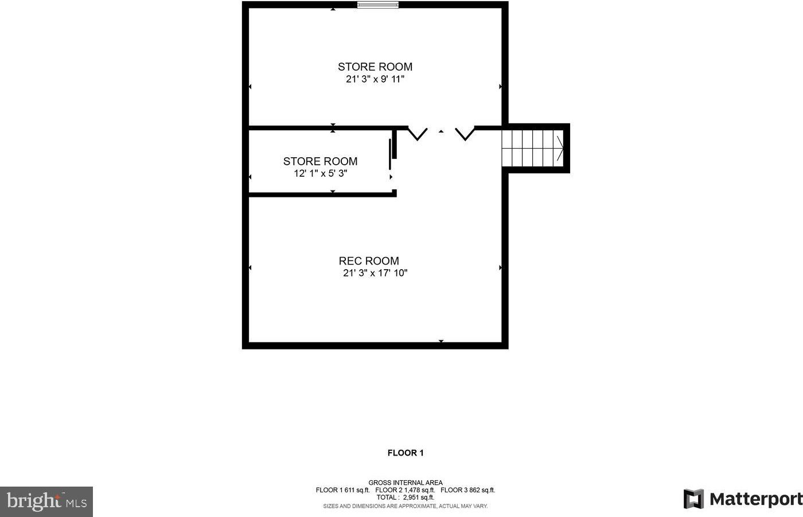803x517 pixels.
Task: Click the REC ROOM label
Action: tap(369, 261)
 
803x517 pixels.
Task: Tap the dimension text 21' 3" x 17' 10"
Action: tap(375, 273)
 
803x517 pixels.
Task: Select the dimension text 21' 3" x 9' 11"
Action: tap(375, 79)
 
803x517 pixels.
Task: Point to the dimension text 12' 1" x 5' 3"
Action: tap(321, 173)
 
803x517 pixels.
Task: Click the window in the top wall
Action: tap(378, 5)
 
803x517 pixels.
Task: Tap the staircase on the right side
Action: tap(532, 149)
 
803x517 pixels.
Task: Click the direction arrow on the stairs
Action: tap(560, 149)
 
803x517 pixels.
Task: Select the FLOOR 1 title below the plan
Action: tap(406, 453)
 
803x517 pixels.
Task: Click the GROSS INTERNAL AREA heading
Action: tap(406, 483)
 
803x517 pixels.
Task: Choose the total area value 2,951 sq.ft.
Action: tap(418, 497)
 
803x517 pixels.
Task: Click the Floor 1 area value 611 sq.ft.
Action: tap(357, 490)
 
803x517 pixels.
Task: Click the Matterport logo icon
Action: tap(693, 499)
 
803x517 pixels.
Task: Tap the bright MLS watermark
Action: tap(46, 502)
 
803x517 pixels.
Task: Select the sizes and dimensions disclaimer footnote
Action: tap(406, 506)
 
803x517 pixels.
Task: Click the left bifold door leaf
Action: tap(418, 134)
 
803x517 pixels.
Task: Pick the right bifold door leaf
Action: tap(465, 134)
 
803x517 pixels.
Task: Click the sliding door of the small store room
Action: tap(390, 154)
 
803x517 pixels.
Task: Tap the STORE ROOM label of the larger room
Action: tap(375, 67)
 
